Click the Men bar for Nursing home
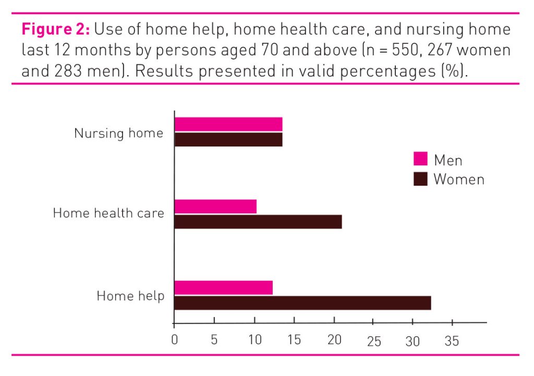point(228,124)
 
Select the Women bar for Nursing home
point(228,140)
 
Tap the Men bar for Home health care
point(215,207)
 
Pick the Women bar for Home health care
point(258,222)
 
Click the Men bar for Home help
point(223,287)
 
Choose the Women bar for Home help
point(302,303)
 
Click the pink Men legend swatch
point(420,160)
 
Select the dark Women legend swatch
point(420,179)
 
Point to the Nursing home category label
point(118,133)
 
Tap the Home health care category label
point(108,213)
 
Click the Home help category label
point(130,296)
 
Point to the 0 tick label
point(174,341)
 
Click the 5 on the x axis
point(214,341)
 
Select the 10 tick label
point(254,341)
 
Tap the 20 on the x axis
point(334,341)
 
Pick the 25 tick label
point(373,342)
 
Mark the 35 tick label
point(452,342)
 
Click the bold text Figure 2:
point(56,29)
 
